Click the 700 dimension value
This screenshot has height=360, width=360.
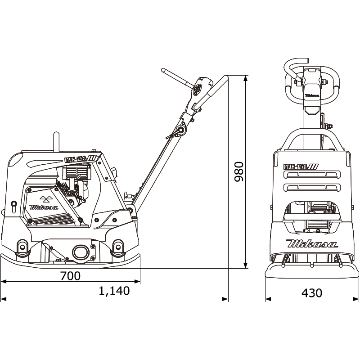71,275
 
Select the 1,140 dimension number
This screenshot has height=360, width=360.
114,291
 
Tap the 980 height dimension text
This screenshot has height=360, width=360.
238,171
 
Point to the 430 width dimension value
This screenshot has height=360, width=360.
311,292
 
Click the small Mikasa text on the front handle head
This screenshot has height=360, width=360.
311,95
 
